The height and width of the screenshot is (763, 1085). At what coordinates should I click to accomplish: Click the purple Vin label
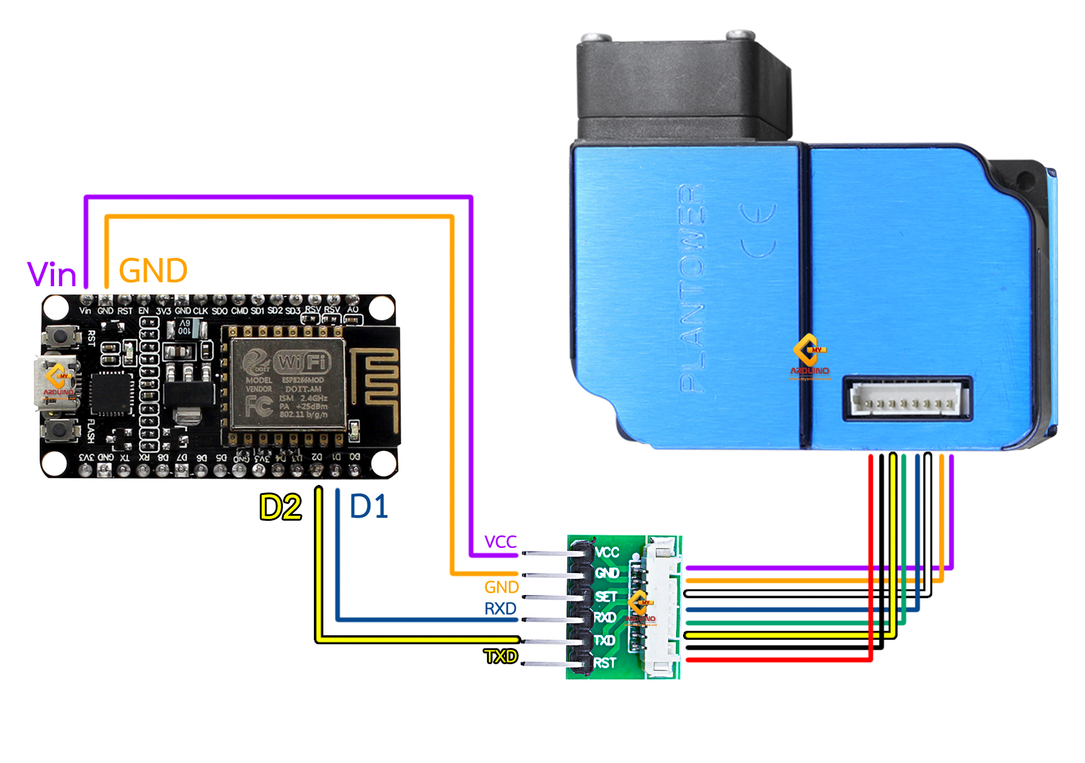[x=52, y=274]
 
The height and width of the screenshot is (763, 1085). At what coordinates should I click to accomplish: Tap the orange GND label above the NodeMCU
[x=153, y=271]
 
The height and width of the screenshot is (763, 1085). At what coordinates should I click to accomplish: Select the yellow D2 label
[x=281, y=507]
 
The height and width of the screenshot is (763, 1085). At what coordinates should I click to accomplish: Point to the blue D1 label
[x=369, y=506]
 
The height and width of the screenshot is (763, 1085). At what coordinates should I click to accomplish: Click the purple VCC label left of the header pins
[x=500, y=542]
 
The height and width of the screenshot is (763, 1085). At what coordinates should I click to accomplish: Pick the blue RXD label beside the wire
[x=500, y=609]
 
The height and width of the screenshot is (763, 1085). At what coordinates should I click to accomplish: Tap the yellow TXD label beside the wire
[x=501, y=657]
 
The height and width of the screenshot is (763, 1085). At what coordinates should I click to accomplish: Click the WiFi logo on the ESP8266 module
[x=302, y=362]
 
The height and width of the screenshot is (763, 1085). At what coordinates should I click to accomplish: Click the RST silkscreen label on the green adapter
[x=604, y=663]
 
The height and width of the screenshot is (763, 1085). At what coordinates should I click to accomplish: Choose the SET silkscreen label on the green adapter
[x=606, y=596]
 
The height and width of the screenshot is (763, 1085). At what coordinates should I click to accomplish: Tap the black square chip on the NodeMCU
[x=111, y=394]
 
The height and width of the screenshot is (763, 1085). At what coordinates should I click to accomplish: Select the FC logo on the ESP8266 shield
[x=259, y=406]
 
